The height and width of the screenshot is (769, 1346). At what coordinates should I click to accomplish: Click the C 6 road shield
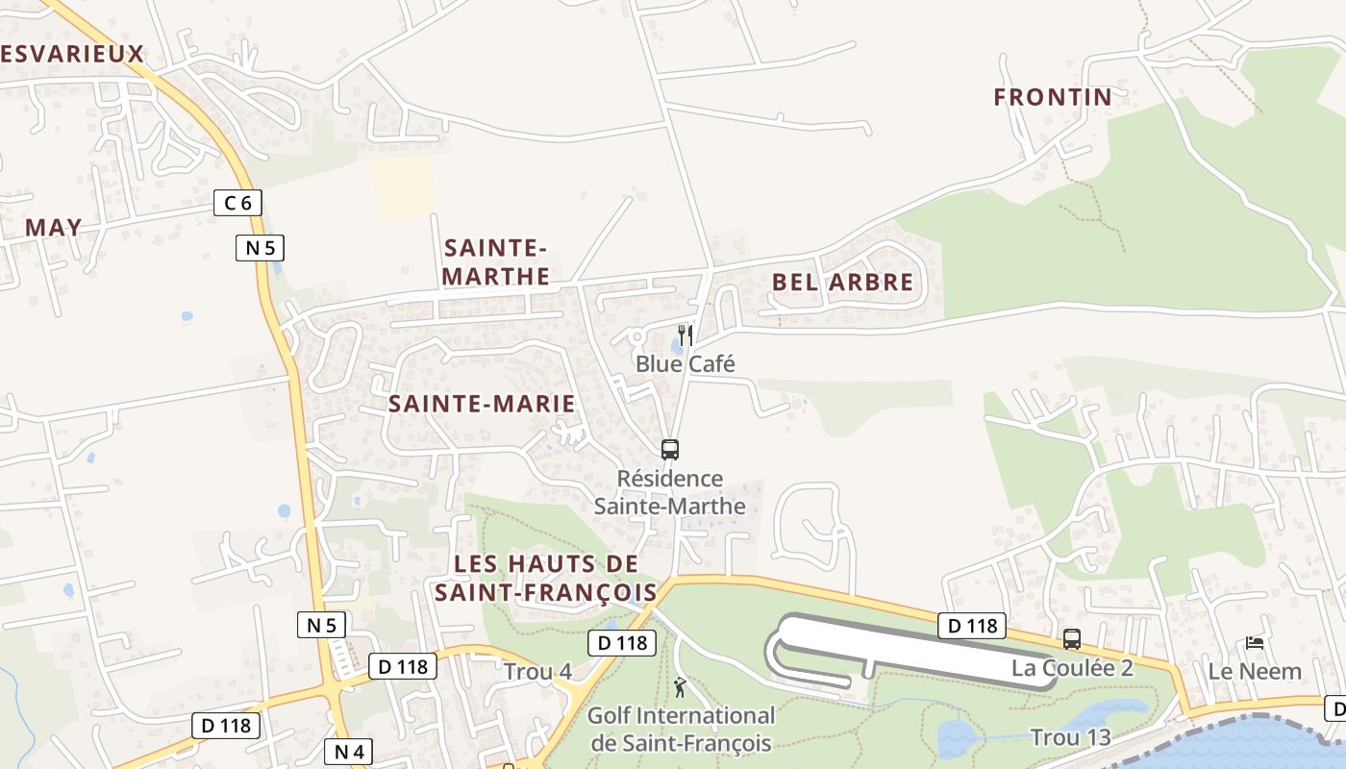coord(237,203)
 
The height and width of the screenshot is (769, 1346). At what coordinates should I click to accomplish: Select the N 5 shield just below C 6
coord(260,248)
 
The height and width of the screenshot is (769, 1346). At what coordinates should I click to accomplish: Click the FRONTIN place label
coord(1053,97)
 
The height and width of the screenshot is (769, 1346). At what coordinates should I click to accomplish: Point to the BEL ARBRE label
coord(843,283)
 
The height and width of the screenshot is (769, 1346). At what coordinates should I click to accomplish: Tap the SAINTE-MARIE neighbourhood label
coord(482,404)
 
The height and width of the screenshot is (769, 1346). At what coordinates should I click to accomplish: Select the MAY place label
coord(53,228)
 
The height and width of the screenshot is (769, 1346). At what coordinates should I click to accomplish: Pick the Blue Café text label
coord(685,363)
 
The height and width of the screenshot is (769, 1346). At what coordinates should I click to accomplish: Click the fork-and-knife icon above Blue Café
coord(685,335)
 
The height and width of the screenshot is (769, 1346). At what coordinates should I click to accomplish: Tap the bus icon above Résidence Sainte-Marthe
coord(670,449)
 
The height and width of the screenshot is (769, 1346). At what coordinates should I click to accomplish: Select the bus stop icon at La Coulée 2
coord(1071,638)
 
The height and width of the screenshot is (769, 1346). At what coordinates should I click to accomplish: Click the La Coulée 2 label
coord(1072,668)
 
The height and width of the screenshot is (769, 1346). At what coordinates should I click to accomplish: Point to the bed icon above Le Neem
coord(1254,642)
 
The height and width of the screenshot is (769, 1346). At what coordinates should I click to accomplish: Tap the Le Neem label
coord(1255,671)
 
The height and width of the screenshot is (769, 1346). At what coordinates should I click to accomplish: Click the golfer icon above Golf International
coord(680,687)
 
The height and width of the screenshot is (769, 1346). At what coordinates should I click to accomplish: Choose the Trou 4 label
coord(537,671)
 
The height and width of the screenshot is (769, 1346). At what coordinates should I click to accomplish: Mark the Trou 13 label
coord(1070,737)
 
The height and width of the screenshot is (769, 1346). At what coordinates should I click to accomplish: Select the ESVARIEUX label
coord(72,54)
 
